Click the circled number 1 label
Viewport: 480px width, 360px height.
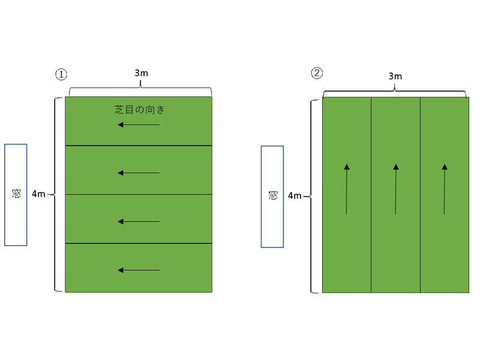click(61, 74)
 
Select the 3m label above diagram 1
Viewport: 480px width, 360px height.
click(141, 73)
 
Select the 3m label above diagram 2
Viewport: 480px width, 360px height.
click(395, 76)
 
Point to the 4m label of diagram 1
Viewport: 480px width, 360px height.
click(38, 194)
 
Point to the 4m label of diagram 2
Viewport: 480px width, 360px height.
click(295, 196)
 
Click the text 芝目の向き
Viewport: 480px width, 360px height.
click(139, 110)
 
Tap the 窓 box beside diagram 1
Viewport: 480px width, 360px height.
click(16, 194)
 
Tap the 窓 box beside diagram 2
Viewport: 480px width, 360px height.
click(272, 196)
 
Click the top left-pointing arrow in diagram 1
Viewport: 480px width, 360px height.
click(139, 125)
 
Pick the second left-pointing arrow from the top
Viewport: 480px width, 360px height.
click(139, 173)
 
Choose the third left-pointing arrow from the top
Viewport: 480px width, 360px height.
click(139, 221)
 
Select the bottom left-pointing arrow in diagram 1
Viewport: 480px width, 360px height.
click(139, 270)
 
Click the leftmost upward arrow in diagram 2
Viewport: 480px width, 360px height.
click(347, 188)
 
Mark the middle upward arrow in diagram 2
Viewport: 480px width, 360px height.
click(396, 188)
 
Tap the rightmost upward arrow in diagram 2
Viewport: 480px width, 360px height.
click(445, 188)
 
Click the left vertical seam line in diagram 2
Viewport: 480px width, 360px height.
click(371, 252)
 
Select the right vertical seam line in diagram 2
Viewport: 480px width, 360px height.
click(420, 252)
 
